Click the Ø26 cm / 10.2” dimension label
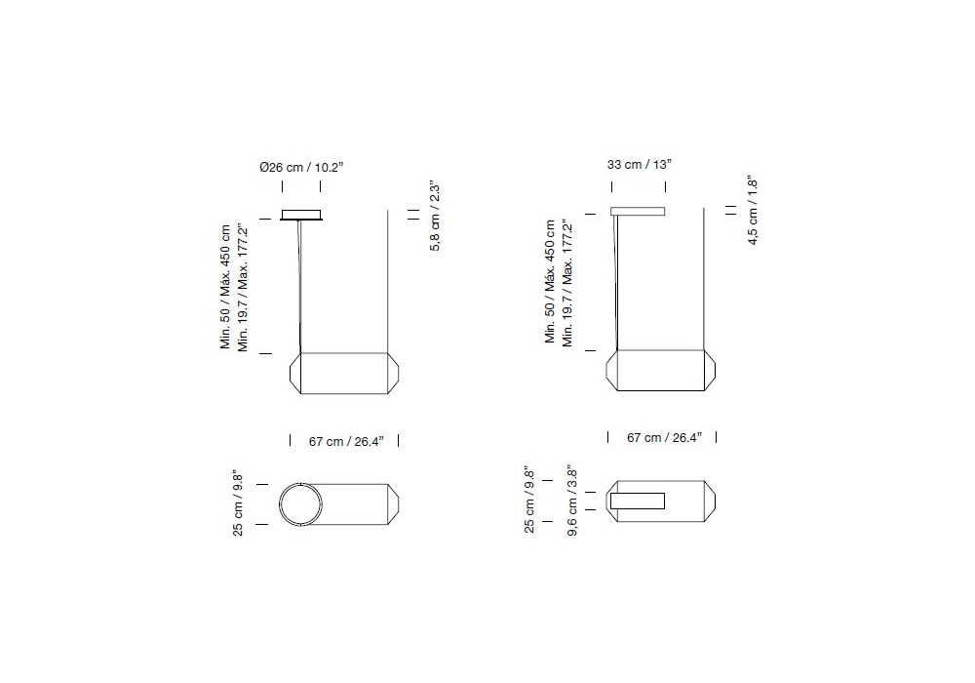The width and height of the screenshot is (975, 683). [301, 167]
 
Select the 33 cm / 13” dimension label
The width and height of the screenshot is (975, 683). [640, 164]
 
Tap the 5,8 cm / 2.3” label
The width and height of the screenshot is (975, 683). [435, 217]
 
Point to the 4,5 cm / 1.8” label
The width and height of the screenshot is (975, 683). [753, 210]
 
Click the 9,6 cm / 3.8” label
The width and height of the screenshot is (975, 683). [572, 501]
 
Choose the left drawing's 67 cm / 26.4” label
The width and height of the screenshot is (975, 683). [346, 441]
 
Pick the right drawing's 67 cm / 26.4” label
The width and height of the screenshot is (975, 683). [664, 437]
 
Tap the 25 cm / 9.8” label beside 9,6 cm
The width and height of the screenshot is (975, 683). [529, 500]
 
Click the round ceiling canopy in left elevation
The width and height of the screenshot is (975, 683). [301, 215]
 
